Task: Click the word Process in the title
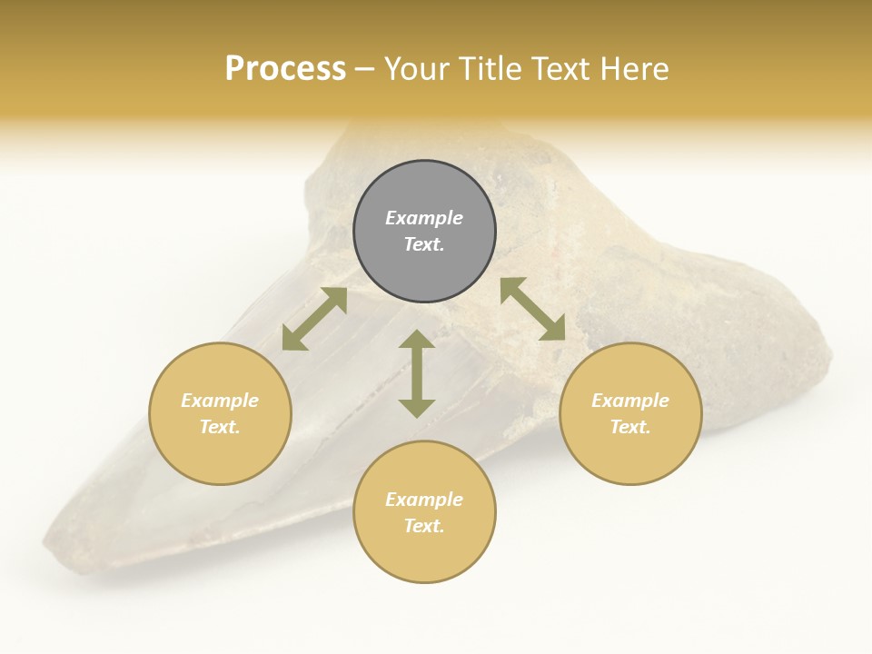[285, 69]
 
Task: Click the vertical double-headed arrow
[417, 373]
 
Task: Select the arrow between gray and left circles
[314, 319]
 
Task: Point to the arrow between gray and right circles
[532, 309]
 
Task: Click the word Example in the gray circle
[424, 218]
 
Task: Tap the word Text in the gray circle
[424, 244]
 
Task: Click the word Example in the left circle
[220, 401]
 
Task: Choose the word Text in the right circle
[630, 427]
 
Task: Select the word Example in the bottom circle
[424, 500]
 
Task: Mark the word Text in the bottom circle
[424, 526]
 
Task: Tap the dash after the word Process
[364, 70]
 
